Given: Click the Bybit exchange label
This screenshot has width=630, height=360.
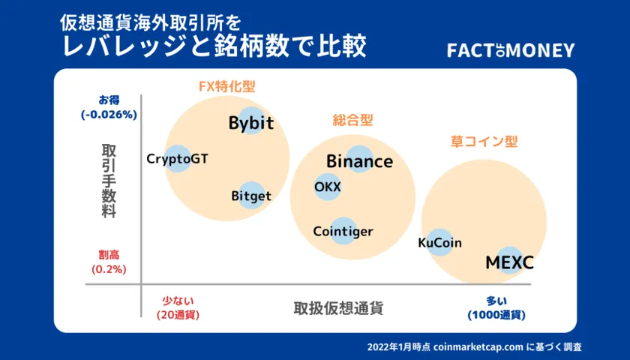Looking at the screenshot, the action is [x=251, y=122].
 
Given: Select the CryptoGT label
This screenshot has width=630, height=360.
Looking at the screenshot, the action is [x=177, y=159].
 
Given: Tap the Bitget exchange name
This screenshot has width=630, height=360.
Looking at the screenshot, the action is [x=251, y=196].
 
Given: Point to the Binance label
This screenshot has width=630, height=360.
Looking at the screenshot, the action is [x=359, y=161].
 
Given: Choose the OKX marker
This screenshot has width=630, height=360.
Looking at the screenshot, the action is [x=328, y=187].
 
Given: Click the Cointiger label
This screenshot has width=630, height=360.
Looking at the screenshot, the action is [x=343, y=232].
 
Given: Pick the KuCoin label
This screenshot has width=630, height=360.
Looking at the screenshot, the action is [x=439, y=243].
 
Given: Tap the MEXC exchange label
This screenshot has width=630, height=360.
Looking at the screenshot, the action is [x=509, y=263].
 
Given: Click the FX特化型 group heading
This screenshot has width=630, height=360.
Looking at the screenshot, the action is [x=227, y=86].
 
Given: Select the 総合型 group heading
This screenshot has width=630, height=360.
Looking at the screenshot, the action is [x=352, y=120].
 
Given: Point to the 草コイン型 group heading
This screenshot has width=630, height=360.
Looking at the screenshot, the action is [x=484, y=142].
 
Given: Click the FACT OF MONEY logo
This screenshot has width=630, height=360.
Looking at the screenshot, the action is [x=511, y=51].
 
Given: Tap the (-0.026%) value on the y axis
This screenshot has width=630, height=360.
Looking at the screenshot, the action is [x=109, y=115].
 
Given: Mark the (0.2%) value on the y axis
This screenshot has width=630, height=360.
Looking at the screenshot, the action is [x=109, y=269].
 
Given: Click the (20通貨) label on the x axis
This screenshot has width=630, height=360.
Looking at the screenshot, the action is [x=178, y=315].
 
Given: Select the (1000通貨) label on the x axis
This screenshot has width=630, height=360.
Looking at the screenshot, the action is [x=496, y=315].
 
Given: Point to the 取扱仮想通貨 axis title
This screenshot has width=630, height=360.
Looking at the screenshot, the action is [x=338, y=308].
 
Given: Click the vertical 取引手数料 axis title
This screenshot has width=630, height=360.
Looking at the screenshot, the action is [x=109, y=181].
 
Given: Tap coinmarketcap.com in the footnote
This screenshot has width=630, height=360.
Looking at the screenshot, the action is [x=478, y=347].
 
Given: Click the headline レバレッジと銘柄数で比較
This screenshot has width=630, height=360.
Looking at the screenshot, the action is [x=214, y=46].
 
